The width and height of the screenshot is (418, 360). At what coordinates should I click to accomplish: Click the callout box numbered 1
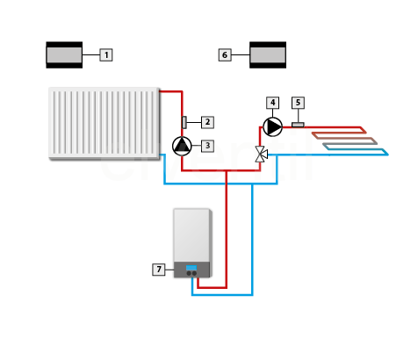click(x=106, y=55)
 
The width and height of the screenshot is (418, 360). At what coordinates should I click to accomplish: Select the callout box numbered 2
click(x=207, y=122)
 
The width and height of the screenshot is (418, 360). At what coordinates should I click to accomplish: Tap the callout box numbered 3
click(x=207, y=146)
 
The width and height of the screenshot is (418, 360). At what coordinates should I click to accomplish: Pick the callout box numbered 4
click(x=272, y=103)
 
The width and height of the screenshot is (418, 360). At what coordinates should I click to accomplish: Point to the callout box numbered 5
click(x=298, y=103)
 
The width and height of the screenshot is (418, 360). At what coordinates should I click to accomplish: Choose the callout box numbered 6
click(x=225, y=55)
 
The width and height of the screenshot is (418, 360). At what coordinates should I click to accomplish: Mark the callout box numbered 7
click(x=159, y=270)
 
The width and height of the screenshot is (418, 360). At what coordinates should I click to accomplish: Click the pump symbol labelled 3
click(x=182, y=146)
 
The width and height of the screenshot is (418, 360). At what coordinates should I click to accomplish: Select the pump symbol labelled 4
click(x=273, y=126)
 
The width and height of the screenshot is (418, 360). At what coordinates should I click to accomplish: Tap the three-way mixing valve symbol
click(x=261, y=155)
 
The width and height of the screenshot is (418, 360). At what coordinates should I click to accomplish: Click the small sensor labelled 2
click(x=184, y=122)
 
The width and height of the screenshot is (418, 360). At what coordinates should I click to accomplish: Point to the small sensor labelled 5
click(x=298, y=125)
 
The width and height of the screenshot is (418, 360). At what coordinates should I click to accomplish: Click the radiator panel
click(x=104, y=123)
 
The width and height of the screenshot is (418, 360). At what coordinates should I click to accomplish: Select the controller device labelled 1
click(x=64, y=55)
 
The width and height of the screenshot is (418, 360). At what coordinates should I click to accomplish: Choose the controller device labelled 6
click(x=268, y=55)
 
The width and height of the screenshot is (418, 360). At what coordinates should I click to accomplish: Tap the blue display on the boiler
click(x=191, y=268)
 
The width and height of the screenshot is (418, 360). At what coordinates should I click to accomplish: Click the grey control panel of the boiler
click(x=191, y=270)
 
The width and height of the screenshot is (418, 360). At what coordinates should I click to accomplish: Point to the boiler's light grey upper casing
click(x=191, y=235)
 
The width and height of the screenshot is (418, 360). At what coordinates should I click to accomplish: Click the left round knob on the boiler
click(x=189, y=274)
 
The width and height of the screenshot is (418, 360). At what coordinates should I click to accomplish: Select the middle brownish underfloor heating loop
click(x=344, y=138)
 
